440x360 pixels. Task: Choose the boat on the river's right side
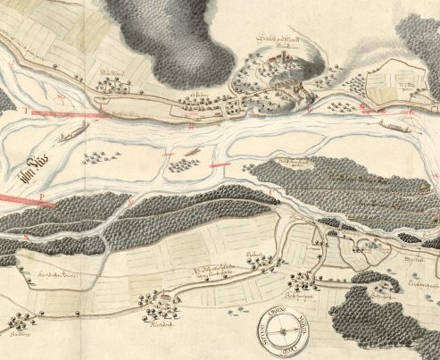(394, 122)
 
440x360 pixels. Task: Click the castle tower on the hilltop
(278, 60)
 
